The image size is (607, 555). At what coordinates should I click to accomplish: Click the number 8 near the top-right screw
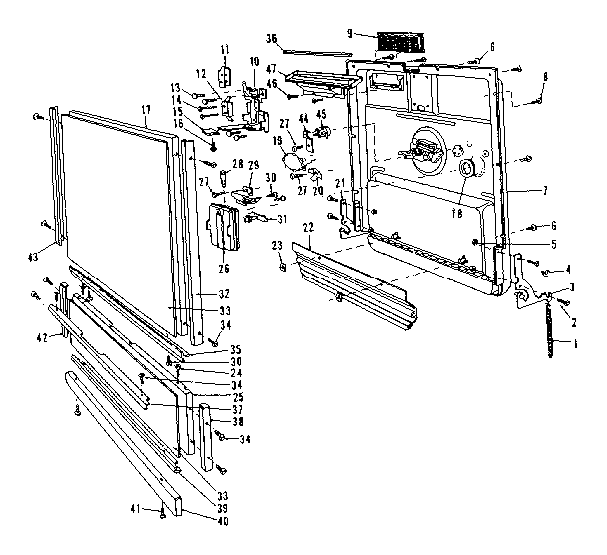click(x=544, y=76)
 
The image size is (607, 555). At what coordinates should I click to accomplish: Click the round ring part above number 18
click(x=464, y=171)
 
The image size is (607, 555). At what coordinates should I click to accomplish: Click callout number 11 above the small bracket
click(x=226, y=49)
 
